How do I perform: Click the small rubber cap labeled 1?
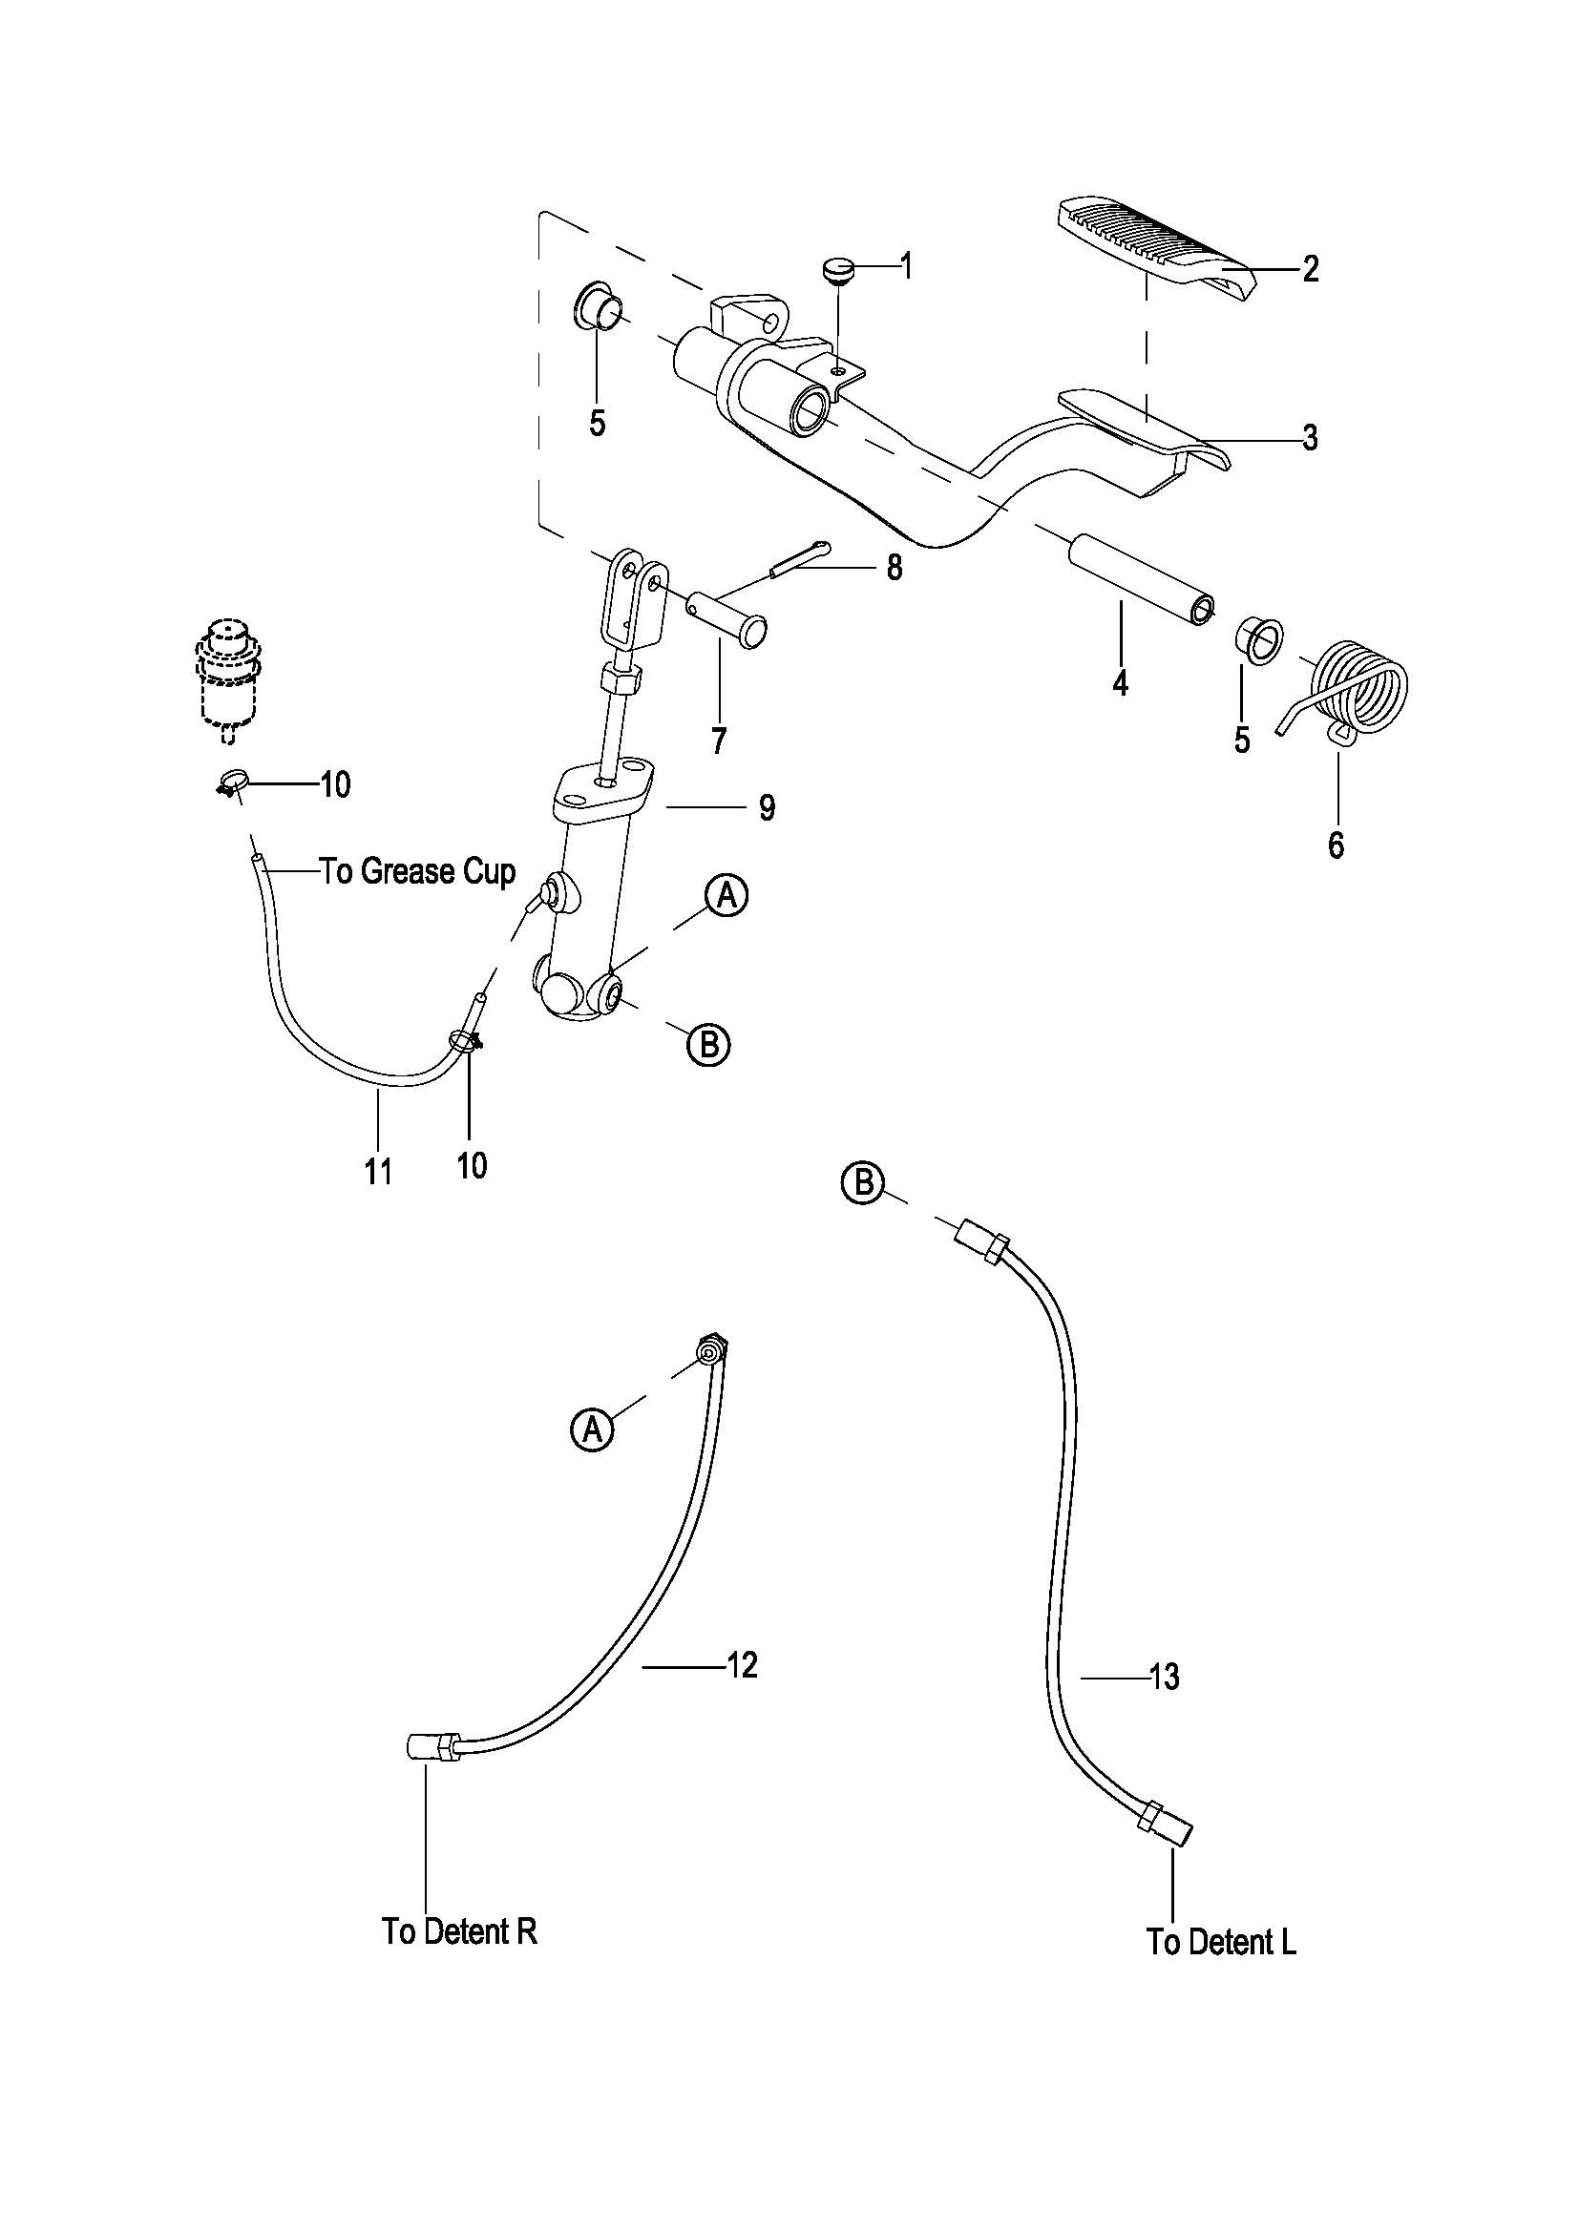[x=837, y=268]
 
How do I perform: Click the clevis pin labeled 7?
[x=728, y=618]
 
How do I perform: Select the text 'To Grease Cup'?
[x=417, y=872]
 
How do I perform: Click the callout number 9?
[x=768, y=808]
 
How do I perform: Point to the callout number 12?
[x=742, y=1665]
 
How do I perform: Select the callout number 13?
[x=1163, y=1676]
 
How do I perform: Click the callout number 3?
[x=1310, y=438]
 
